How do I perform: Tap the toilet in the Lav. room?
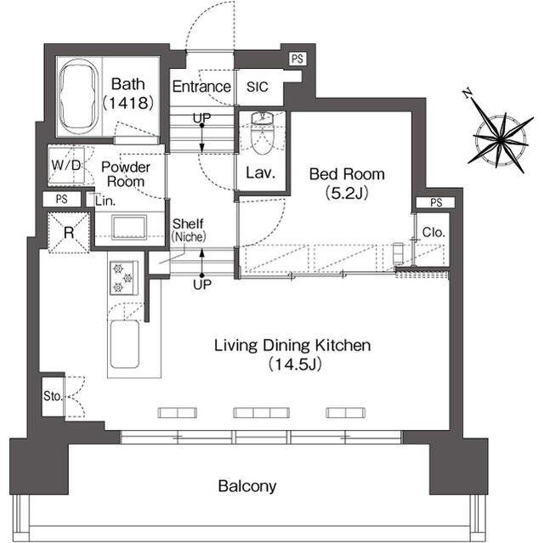tap(262, 133)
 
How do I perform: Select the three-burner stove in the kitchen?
tap(124, 278)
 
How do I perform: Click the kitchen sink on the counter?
tap(125, 344)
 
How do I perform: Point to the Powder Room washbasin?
tap(129, 227)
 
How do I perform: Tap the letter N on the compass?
tap(467, 93)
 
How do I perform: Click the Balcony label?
tap(247, 486)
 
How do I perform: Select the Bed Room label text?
tap(347, 173)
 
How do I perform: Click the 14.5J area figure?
tap(295, 364)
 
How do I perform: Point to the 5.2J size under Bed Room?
tap(347, 193)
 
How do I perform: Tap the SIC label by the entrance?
tap(258, 87)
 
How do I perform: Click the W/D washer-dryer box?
tap(66, 166)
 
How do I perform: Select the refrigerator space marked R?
tap(69, 232)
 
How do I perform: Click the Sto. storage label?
tap(53, 396)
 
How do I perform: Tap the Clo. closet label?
tap(433, 232)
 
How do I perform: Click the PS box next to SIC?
tap(297, 59)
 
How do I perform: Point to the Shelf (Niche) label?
tap(189, 230)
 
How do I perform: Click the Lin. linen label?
tap(105, 201)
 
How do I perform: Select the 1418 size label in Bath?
tap(128, 103)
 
